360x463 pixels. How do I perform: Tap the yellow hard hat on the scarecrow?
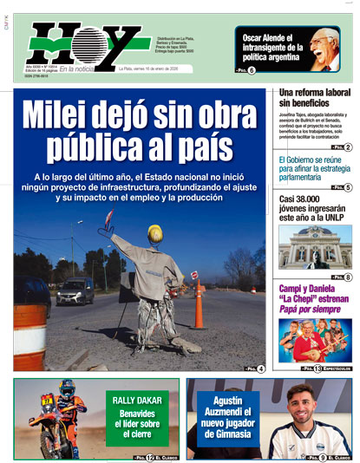click(155, 234)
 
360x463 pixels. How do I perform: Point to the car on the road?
click(76, 290)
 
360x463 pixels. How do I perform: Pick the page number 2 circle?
click(347, 147)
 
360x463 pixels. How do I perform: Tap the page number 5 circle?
click(347, 187)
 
